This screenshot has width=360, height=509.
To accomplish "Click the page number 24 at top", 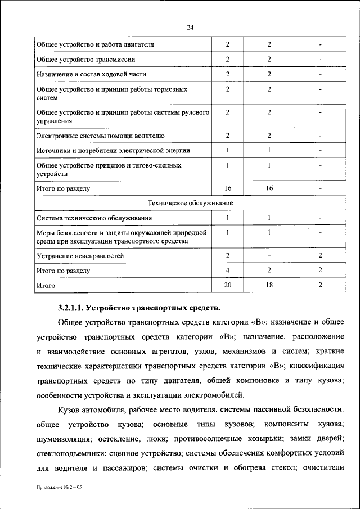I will pos(180,27).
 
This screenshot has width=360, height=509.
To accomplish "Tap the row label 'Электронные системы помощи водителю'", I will pos(100,136).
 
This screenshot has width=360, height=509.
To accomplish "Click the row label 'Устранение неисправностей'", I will pos(80,256).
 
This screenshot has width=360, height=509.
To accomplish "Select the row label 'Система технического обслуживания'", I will pos(94,218).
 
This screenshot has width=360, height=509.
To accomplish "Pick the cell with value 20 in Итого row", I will pos(227,286).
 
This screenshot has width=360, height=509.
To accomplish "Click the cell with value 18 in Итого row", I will pos(269,286).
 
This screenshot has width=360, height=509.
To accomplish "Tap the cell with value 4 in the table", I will pos(227,271).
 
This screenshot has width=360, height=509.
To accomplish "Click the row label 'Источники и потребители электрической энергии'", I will pos(113,151).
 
